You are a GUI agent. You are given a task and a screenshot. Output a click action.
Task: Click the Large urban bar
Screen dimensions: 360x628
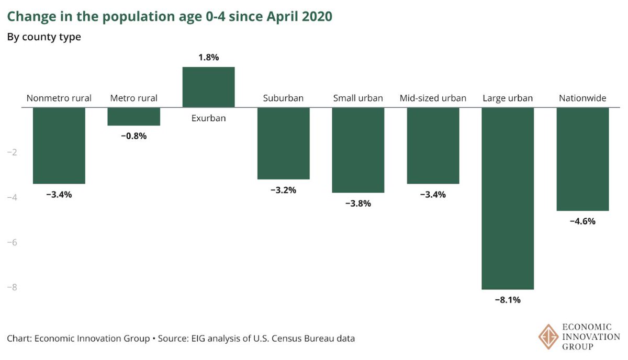click(508, 198)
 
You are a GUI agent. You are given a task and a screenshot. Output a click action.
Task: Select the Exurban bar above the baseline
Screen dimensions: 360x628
click(208, 87)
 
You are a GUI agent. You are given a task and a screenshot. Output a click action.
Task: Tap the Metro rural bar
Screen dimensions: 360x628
click(133, 116)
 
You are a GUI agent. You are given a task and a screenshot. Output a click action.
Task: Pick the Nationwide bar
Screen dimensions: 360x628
click(582, 159)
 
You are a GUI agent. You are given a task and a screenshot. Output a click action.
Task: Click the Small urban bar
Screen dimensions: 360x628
click(358, 150)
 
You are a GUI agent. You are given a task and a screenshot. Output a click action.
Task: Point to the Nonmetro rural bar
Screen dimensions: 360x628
click(59, 145)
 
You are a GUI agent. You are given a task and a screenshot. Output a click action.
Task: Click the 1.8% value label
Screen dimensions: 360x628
click(208, 58)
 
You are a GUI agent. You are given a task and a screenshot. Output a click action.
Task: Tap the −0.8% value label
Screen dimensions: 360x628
click(133, 136)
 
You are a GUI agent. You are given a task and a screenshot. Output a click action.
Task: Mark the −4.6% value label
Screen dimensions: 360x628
click(582, 221)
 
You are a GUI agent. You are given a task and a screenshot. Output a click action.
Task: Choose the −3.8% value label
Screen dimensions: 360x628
click(358, 204)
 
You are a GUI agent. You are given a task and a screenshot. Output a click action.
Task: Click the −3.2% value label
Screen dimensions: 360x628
click(283, 190)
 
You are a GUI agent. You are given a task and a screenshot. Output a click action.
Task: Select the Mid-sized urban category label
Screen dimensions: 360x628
click(433, 98)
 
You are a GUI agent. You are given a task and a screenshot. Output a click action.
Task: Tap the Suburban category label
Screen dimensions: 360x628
click(283, 98)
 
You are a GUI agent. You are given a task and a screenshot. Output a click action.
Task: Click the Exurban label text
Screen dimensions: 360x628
click(208, 118)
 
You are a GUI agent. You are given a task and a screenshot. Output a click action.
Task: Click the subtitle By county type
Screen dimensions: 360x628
click(44, 37)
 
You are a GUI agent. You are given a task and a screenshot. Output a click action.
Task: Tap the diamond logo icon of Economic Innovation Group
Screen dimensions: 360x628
click(548, 335)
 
